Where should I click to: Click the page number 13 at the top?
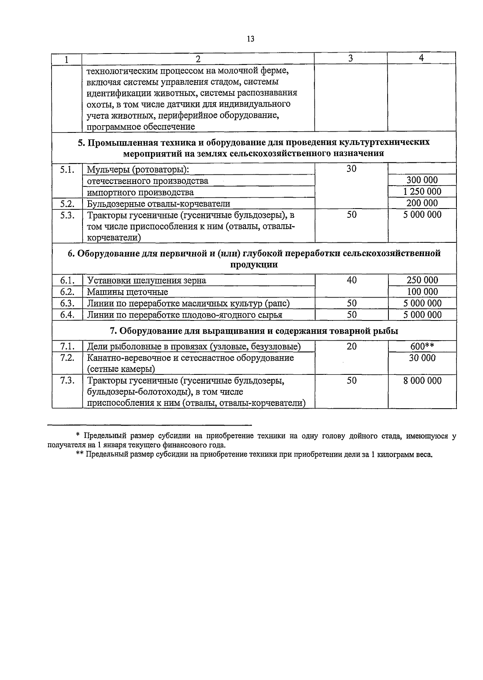tap(250, 39)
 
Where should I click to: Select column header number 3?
tap(351, 58)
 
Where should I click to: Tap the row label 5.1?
tap(67, 169)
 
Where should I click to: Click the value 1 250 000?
tap(422, 192)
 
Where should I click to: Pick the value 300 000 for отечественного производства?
tap(422, 180)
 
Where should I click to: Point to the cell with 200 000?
tap(422, 203)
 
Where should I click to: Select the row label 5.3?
tap(67, 215)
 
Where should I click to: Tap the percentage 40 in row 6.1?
tap(351, 280)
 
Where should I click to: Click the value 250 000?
tap(422, 280)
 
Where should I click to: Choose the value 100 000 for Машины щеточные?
tap(422, 291)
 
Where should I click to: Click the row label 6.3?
tap(67, 303)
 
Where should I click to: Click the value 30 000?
tap(422, 358)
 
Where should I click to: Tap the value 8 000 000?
tap(422, 381)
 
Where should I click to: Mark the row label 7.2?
tap(67, 358)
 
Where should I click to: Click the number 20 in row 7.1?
tap(351, 346)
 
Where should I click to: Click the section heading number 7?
tap(113, 331)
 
